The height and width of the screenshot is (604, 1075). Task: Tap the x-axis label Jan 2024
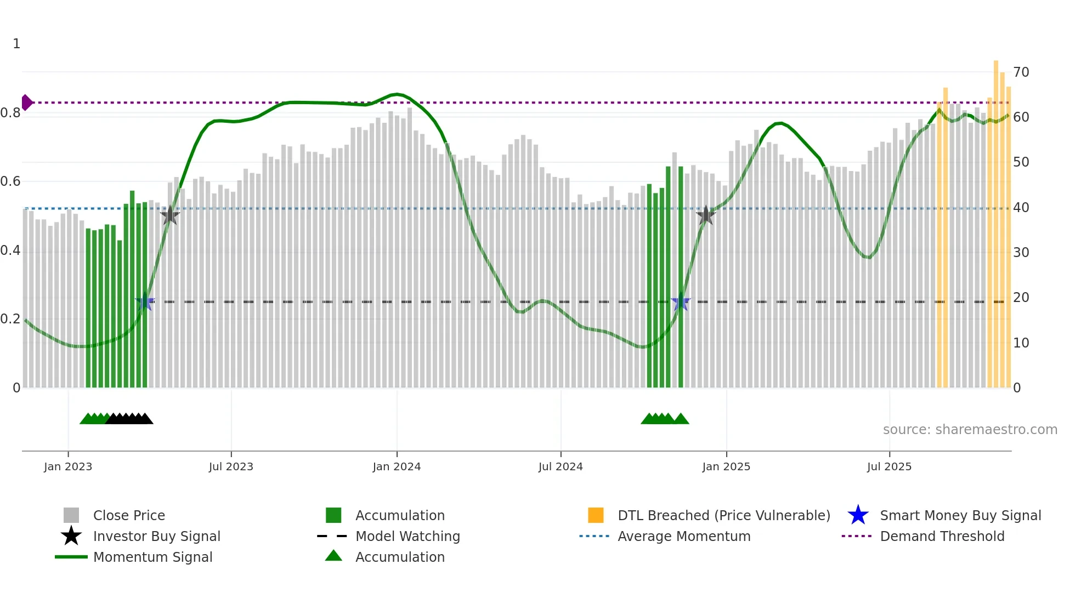pyautogui.click(x=397, y=467)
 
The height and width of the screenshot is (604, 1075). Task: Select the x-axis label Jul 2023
pyautogui.click(x=231, y=467)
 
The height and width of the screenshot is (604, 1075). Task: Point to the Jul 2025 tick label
pyautogui.click(x=889, y=467)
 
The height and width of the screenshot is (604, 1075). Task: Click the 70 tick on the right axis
pyautogui.click(x=1021, y=72)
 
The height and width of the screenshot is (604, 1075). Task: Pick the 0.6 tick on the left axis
pyautogui.click(x=11, y=181)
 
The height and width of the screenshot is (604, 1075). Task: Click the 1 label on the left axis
pyautogui.click(x=16, y=44)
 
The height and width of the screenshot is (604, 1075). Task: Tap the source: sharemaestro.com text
pyautogui.click(x=970, y=430)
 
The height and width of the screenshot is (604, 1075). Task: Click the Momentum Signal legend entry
pyautogui.click(x=152, y=557)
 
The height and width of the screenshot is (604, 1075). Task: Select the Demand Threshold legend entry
pyautogui.click(x=942, y=537)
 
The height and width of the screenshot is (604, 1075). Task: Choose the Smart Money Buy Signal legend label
pyautogui.click(x=960, y=516)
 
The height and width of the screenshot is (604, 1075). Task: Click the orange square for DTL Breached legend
pyautogui.click(x=596, y=515)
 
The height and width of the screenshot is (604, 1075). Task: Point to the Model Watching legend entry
pyautogui.click(x=407, y=537)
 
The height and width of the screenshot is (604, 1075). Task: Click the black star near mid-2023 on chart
pyautogui.click(x=170, y=215)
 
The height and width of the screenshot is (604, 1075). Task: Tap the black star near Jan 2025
pyautogui.click(x=706, y=215)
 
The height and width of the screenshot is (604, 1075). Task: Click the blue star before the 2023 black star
pyautogui.click(x=145, y=301)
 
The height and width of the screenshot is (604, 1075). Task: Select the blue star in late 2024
pyautogui.click(x=681, y=301)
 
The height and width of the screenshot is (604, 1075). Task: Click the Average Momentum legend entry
pyautogui.click(x=683, y=537)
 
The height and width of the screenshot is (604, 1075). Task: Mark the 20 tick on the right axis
pyautogui.click(x=1021, y=298)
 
